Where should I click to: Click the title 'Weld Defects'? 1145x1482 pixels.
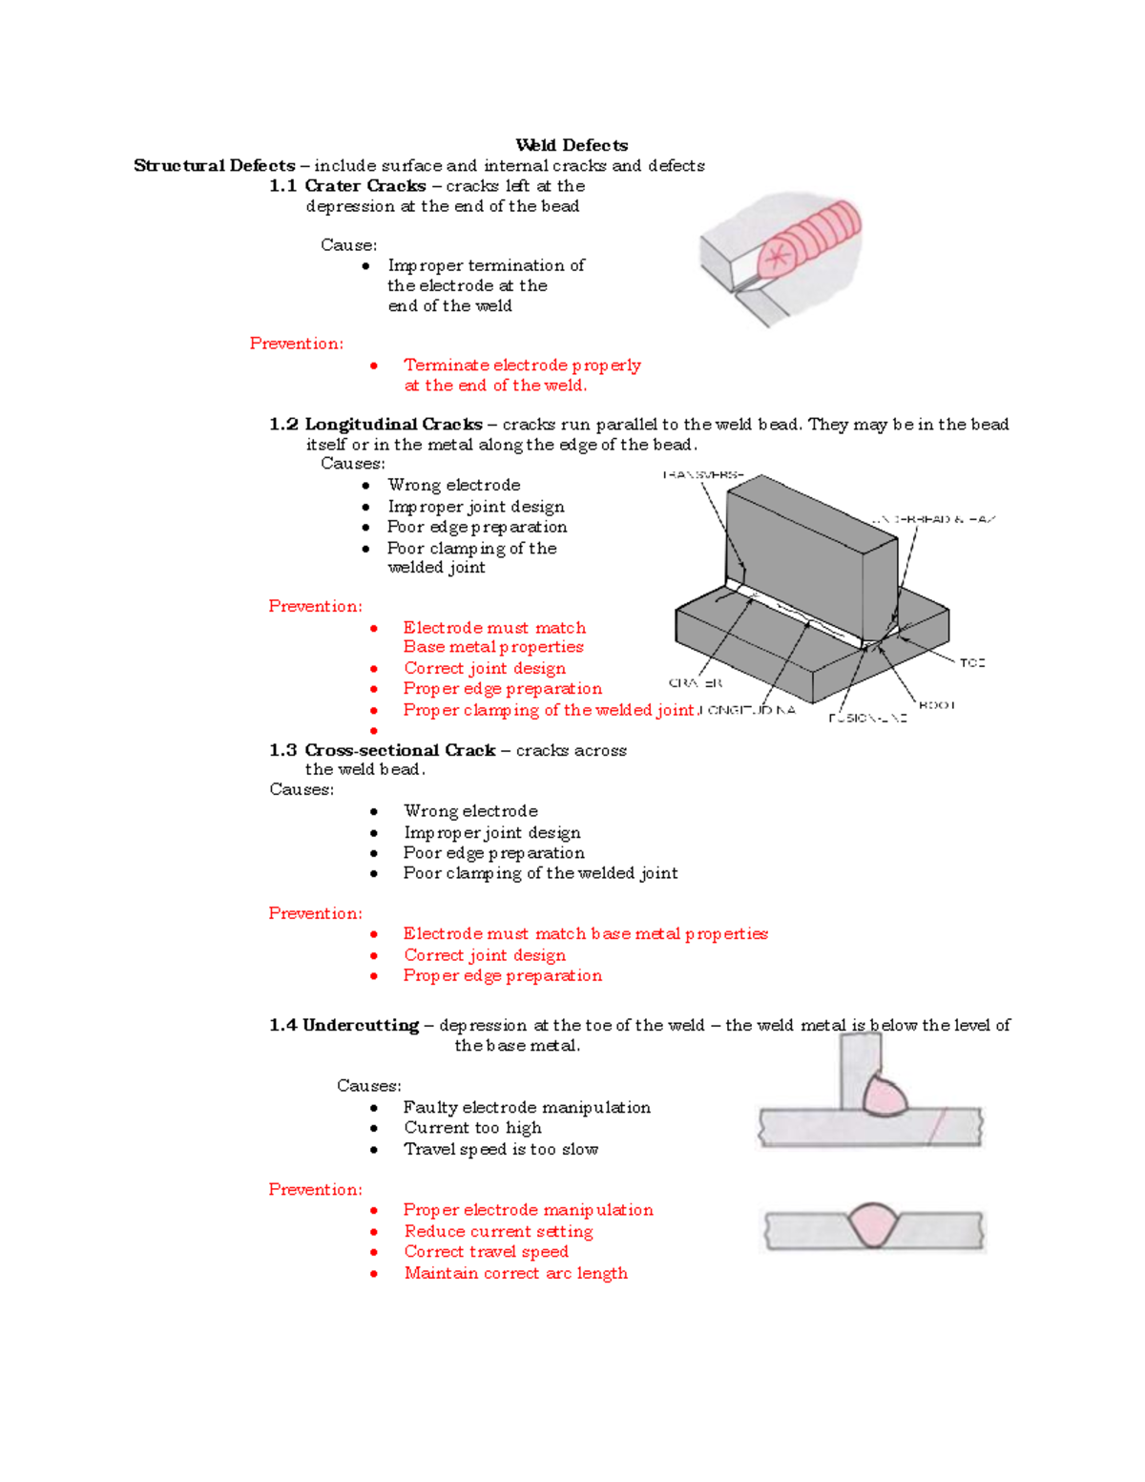pyautogui.click(x=572, y=145)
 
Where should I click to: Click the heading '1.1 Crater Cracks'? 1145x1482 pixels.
pyautogui.click(x=347, y=186)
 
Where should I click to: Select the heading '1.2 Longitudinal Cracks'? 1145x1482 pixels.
pyautogui.click(x=376, y=424)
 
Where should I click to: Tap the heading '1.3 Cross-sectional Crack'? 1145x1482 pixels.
pyautogui.click(x=382, y=750)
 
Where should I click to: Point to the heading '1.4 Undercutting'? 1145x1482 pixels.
pyautogui.click(x=344, y=1025)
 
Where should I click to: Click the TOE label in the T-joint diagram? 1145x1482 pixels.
pyautogui.click(x=971, y=662)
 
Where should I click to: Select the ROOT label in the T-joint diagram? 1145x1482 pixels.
pyautogui.click(x=936, y=705)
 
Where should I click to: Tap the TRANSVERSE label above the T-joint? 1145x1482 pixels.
pyautogui.click(x=703, y=474)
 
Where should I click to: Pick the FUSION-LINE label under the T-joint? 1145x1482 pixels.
pyautogui.click(x=867, y=718)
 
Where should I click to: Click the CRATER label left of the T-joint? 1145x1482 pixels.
pyautogui.click(x=696, y=683)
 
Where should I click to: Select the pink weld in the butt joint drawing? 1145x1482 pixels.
pyautogui.click(x=873, y=1225)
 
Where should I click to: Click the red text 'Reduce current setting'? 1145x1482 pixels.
pyautogui.click(x=498, y=1231)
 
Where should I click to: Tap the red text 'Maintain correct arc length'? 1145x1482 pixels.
pyautogui.click(x=515, y=1273)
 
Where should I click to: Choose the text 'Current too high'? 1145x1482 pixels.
pyautogui.click(x=472, y=1128)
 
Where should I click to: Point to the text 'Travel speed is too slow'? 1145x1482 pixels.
pyautogui.click(x=501, y=1149)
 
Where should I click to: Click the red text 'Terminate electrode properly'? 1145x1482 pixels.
pyautogui.click(x=522, y=365)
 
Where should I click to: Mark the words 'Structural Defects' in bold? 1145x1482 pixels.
pyautogui.click(x=215, y=165)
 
